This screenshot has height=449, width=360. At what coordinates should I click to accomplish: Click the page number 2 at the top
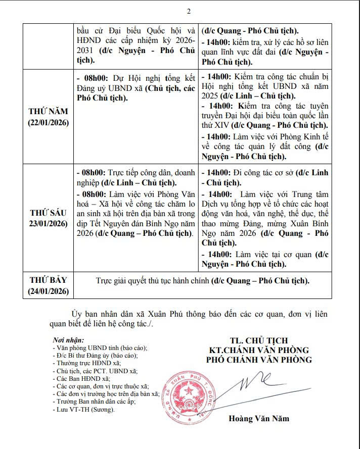pos(189,11)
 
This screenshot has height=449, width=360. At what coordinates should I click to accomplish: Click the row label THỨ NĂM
pos(49,112)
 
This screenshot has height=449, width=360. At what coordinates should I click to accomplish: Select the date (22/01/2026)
pos(49,123)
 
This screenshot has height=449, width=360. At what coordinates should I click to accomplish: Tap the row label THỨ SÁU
pos(49,212)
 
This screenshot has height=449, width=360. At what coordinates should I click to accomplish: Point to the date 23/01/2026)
pos(49,223)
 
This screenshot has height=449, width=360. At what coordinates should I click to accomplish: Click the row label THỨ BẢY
pos(49,280)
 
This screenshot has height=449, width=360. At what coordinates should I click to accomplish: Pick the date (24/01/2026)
pos(49,291)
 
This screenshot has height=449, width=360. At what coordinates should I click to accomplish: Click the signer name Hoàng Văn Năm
pos(259,419)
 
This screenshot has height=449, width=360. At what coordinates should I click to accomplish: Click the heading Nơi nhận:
pos(68,340)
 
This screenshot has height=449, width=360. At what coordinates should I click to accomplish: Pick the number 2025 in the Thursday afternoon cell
pos(211,95)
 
